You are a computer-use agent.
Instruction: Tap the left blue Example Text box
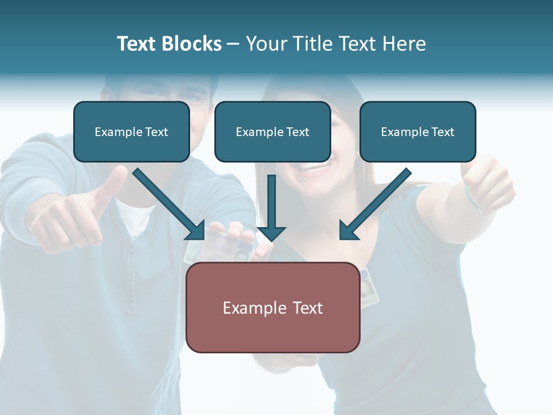pos(131,131)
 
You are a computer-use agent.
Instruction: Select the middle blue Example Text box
pos(272,131)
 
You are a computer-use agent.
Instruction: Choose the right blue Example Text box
pos(418,131)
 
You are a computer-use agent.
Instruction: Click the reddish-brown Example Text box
pos(272,307)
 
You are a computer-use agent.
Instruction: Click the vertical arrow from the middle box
pos(271,205)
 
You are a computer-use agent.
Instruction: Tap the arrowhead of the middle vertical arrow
pos(271,233)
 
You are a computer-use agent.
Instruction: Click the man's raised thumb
pos(115,182)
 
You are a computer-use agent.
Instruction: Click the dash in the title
pos(233,44)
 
